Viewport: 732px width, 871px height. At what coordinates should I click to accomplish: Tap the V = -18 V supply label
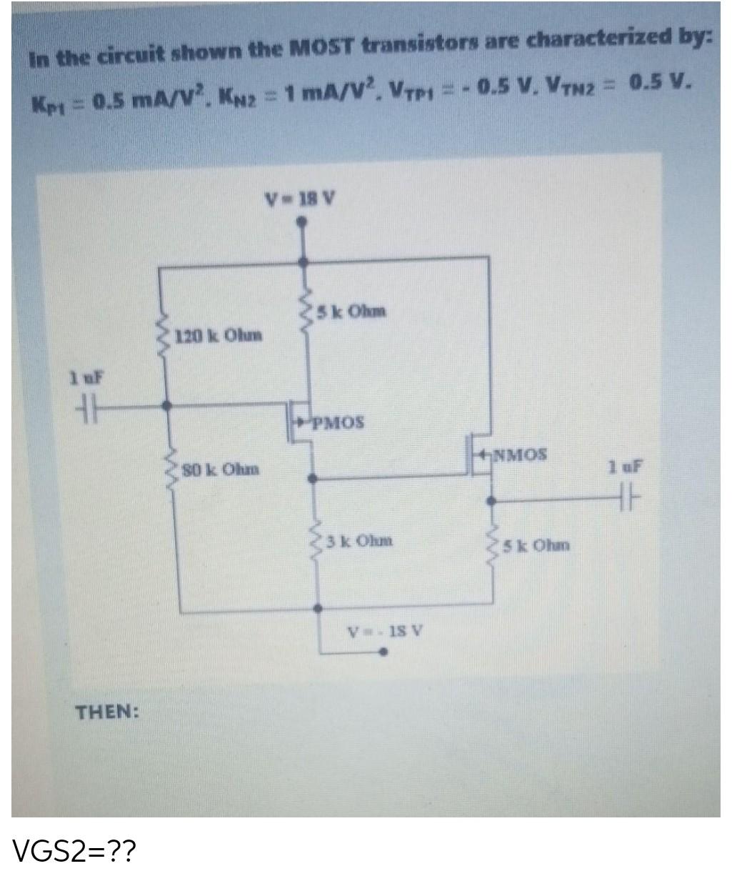[386, 632]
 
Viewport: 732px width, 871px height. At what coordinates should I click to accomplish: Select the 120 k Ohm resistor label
[219, 334]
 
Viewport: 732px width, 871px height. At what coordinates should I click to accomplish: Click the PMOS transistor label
[337, 422]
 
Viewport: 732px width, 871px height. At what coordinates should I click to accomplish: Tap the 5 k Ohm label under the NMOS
[535, 546]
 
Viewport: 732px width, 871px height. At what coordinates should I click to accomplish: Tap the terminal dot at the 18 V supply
[303, 223]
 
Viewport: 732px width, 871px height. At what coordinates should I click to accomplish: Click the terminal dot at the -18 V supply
[383, 652]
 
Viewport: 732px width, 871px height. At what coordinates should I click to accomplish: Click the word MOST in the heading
[321, 47]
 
